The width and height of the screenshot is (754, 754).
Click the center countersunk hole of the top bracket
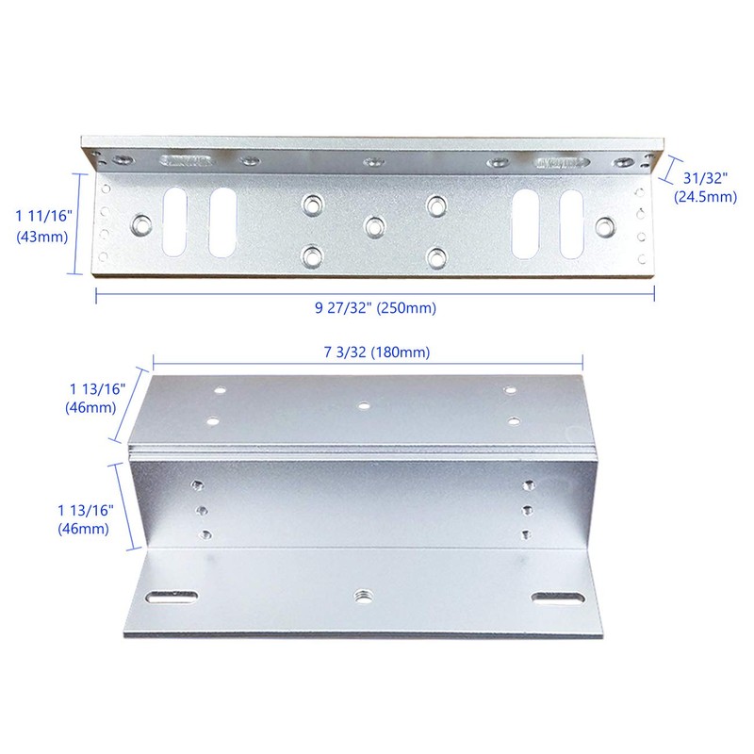pyautogui.click(x=375, y=227)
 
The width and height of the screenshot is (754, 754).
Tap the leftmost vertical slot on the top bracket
pyautogui.click(x=174, y=222)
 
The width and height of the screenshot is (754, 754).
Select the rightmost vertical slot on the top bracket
pyautogui.click(x=572, y=224)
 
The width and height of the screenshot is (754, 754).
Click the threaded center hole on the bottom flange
pyautogui.click(x=361, y=597)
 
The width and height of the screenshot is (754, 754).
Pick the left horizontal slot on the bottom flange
pyautogui.click(x=172, y=597)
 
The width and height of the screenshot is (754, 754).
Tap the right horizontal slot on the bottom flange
pyautogui.click(x=559, y=598)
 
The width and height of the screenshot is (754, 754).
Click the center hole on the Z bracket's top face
pyautogui.click(x=364, y=406)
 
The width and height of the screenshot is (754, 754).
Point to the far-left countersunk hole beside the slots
pyautogui.click(x=141, y=225)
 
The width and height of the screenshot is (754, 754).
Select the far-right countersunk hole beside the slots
pyautogui.click(x=605, y=227)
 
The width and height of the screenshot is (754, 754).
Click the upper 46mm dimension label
pyautogui.click(x=95, y=398)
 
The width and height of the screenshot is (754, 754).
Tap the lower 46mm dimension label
pyautogui.click(x=85, y=519)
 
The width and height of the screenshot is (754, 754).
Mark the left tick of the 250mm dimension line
pyautogui.click(x=96, y=295)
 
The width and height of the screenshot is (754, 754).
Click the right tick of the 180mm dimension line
pyautogui.click(x=582, y=363)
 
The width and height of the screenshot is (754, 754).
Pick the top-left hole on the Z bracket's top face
pyautogui.click(x=221, y=390)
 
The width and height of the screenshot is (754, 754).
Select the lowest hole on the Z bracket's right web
pyautogui.click(x=526, y=534)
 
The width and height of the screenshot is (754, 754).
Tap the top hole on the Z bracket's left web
pyautogui.click(x=197, y=485)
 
